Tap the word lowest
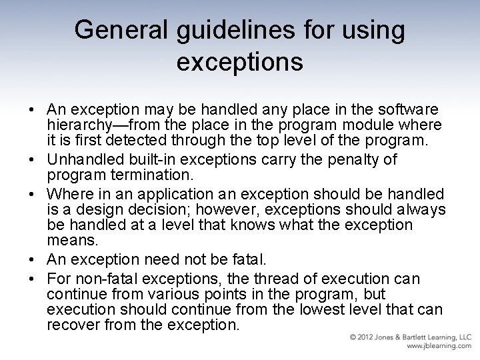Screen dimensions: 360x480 point(336,309)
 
